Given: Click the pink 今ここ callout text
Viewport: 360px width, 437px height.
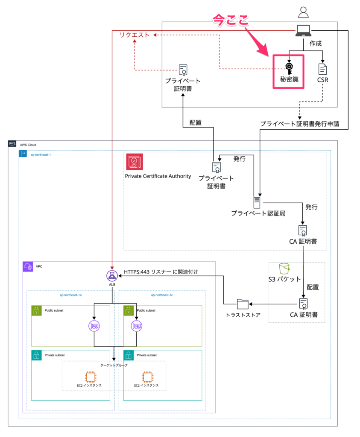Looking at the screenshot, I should (231, 20).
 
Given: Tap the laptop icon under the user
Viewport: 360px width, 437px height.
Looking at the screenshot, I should (304, 30).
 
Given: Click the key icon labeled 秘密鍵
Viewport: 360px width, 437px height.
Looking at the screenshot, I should (289, 68).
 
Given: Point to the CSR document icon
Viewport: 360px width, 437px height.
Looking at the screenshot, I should (323, 69).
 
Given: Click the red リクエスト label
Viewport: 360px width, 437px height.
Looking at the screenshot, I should (135, 35).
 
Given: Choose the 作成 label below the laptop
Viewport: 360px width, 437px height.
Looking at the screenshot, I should (315, 43).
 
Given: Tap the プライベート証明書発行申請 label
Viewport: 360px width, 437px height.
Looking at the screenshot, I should (299, 124).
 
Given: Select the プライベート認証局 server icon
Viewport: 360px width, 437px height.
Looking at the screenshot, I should (257, 202).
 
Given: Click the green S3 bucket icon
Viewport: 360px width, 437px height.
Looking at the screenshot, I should (284, 268).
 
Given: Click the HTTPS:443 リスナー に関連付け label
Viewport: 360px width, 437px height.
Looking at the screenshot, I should (161, 271).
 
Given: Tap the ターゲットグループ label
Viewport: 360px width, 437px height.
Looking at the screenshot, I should (114, 365).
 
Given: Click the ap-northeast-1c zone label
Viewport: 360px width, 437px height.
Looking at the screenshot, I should (162, 295).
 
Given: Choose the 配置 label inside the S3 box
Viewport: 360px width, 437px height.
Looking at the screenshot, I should (313, 287).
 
